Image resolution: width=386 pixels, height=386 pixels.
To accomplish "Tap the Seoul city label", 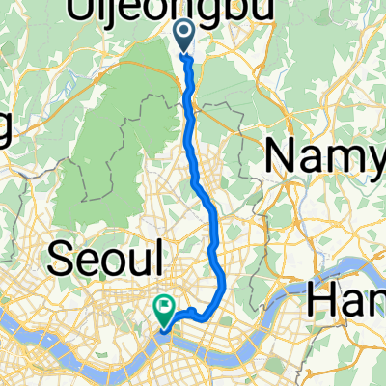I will coord(109,260).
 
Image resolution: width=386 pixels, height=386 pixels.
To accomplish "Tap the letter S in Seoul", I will coord(61,260).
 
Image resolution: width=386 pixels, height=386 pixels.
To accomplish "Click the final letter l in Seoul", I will coord(164,259).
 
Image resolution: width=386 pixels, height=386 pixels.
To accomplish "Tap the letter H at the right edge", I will coord(324,301).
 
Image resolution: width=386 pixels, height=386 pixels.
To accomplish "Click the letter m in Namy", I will coord(344,157).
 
